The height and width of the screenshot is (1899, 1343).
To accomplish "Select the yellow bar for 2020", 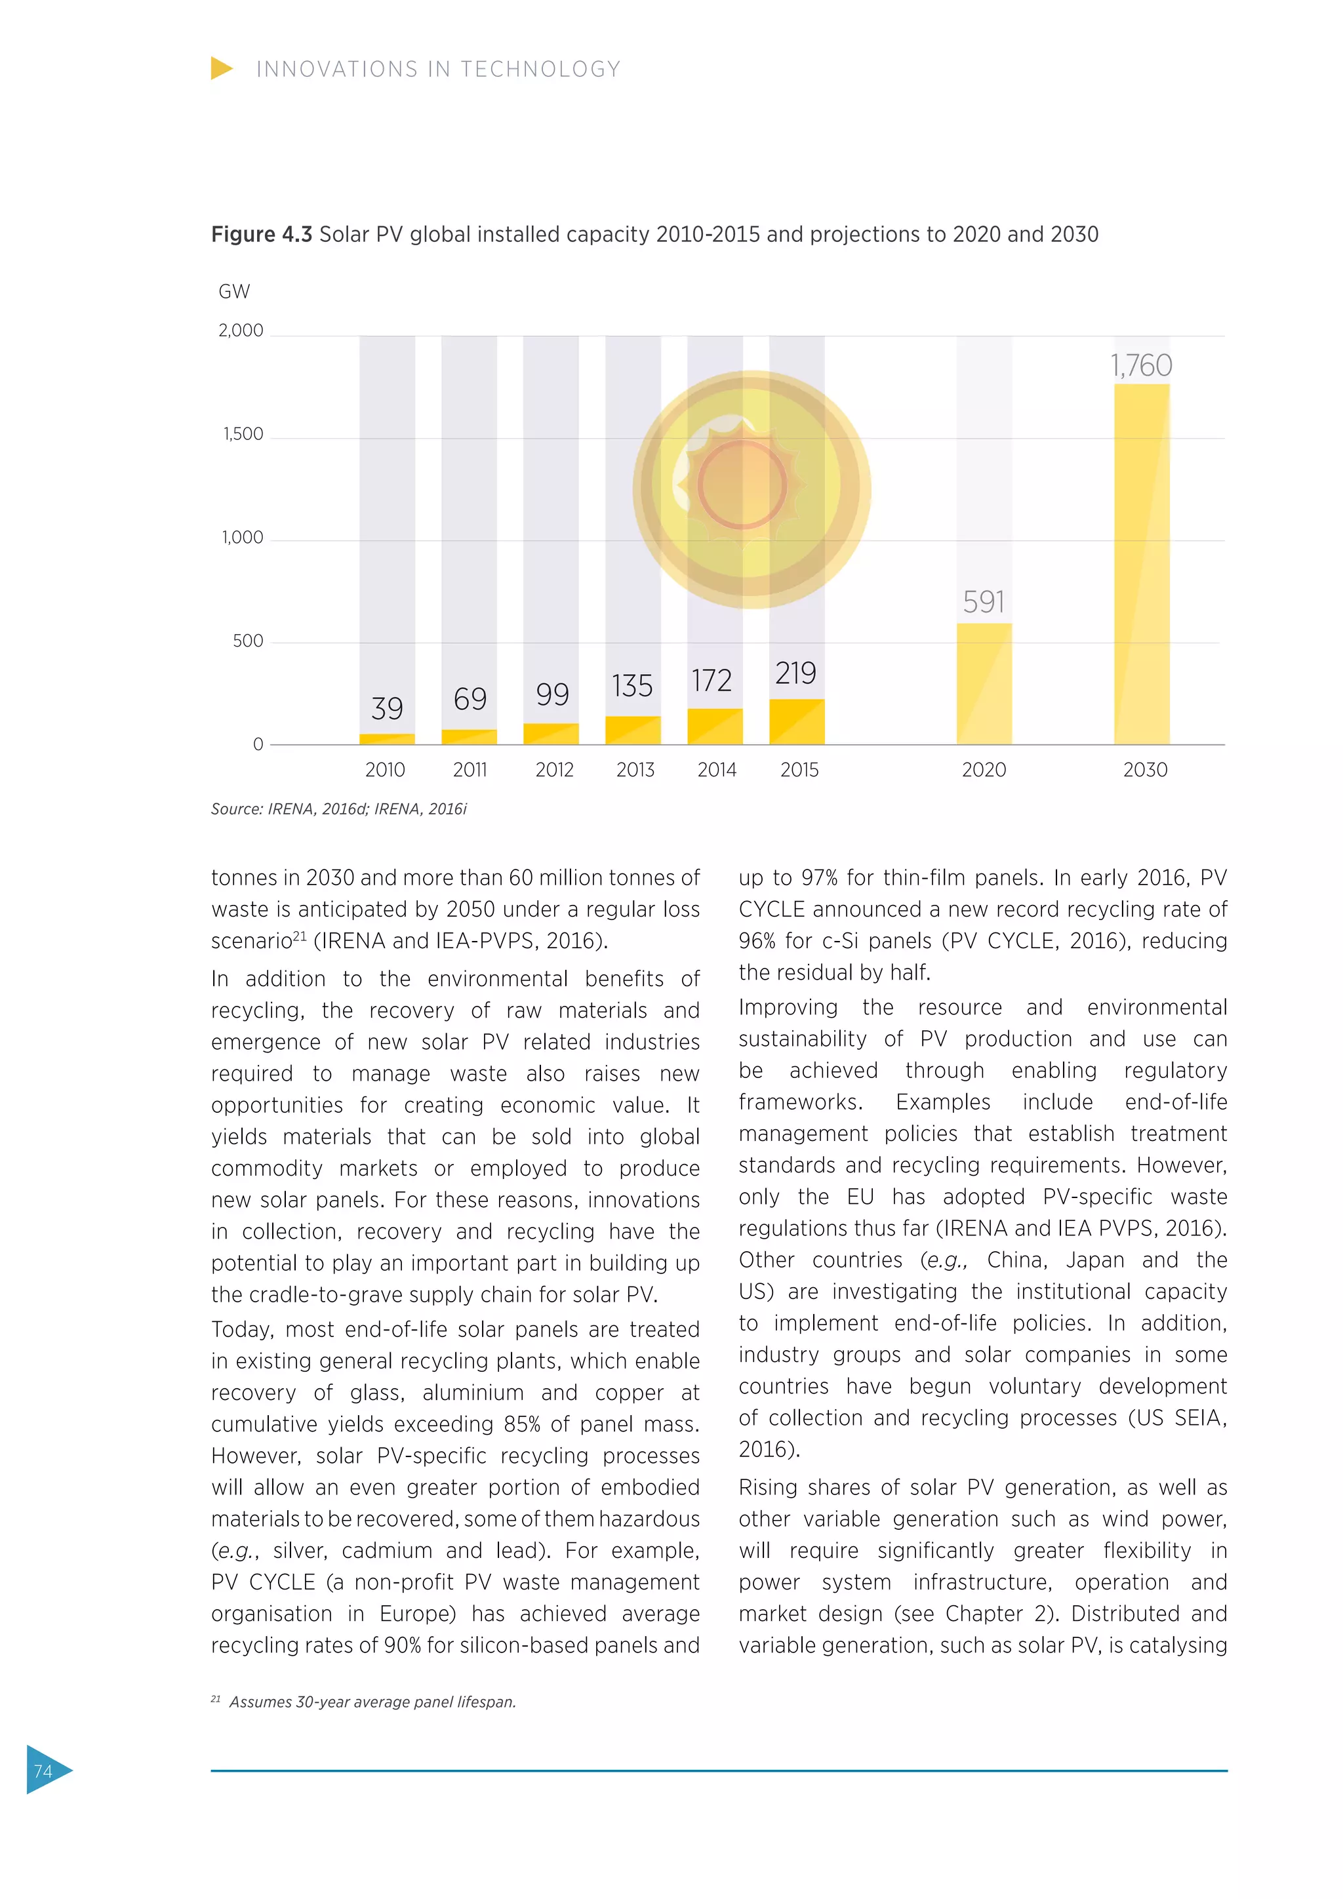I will click(984, 683).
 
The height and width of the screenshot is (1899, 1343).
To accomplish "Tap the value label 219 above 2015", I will click(795, 673).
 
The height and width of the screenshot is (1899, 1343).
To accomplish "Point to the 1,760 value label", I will click(1141, 366).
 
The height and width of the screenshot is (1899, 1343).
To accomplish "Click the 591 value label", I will click(984, 601).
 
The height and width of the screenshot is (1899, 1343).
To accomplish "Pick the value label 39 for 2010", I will click(387, 709).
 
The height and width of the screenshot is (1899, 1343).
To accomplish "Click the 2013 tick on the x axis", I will click(635, 770).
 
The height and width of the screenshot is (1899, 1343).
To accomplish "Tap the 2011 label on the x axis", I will click(470, 770).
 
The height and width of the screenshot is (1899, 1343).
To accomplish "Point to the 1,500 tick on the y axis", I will click(243, 434).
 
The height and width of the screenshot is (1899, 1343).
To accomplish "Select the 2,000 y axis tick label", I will click(241, 331).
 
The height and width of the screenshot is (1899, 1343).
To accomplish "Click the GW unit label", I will click(234, 292).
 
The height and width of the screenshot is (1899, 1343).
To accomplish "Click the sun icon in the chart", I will click(751, 489).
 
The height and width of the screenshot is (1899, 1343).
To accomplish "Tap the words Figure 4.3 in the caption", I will click(262, 235).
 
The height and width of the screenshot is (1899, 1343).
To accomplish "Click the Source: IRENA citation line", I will click(339, 809).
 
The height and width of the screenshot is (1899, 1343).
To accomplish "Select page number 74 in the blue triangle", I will click(43, 1770).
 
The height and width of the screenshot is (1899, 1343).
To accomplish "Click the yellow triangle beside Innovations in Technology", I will click(221, 69).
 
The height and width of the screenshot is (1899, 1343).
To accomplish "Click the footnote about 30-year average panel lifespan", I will click(372, 1702).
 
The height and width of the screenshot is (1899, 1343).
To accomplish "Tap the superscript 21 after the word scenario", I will click(300, 936).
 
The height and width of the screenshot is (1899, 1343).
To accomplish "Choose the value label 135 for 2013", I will click(633, 686).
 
